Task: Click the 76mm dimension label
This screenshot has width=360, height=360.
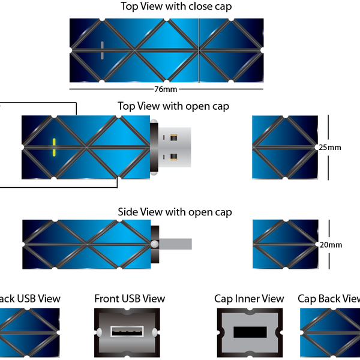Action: [166, 89]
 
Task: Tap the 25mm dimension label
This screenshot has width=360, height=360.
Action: [329, 148]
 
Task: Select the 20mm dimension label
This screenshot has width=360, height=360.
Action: [331, 245]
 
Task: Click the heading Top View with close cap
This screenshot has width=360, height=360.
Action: [176, 7]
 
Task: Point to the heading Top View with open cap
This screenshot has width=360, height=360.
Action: [173, 106]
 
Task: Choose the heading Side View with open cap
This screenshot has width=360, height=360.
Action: [175, 212]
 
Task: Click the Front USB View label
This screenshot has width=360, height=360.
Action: [130, 299]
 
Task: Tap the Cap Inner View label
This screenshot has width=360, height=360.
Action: [249, 299]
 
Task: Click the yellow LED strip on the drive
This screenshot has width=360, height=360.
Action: [54, 148]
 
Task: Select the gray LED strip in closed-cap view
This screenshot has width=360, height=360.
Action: [102, 50]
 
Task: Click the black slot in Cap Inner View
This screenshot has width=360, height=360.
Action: [250, 332]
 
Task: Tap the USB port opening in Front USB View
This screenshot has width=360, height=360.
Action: [127, 332]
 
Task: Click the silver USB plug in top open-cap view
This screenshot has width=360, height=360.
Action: [175, 147]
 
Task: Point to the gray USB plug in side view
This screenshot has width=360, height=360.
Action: [175, 244]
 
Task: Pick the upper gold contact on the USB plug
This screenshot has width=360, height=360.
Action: [173, 137]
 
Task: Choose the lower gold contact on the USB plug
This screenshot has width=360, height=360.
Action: [173, 157]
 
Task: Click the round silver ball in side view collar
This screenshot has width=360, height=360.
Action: [155, 244]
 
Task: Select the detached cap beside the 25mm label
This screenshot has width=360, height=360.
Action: [285, 147]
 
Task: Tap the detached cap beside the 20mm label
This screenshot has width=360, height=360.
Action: [286, 244]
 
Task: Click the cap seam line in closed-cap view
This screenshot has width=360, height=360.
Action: [199, 50]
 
